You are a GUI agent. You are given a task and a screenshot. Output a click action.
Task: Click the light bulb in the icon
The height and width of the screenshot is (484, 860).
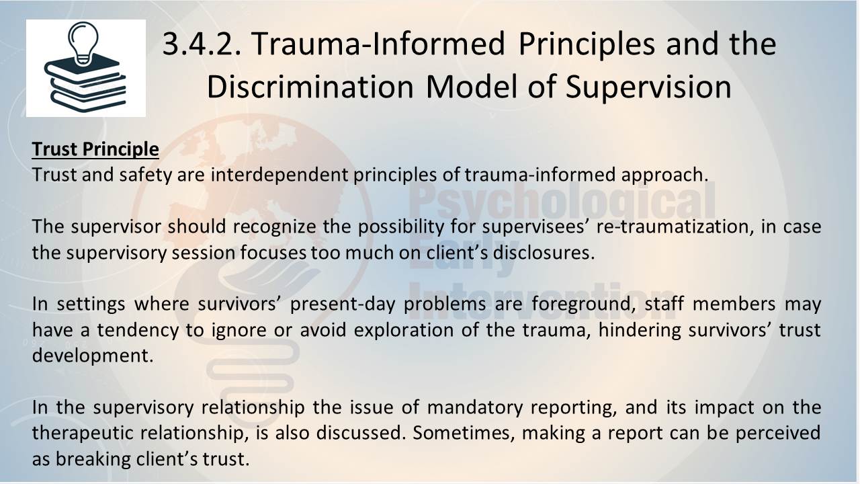83,43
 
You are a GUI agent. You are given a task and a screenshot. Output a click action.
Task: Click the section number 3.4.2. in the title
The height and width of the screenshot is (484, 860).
202,44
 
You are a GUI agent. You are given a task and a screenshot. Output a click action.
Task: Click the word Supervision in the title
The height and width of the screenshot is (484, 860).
648,87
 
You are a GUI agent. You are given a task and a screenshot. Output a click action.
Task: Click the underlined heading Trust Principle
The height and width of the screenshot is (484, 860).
95,149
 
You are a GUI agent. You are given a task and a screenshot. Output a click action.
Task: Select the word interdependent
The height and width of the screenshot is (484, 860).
279,174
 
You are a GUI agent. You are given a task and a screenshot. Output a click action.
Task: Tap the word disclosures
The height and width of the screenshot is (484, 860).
544,252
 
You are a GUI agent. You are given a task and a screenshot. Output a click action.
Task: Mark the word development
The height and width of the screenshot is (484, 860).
93,356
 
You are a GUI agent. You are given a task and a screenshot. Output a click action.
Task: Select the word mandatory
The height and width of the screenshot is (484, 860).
475,407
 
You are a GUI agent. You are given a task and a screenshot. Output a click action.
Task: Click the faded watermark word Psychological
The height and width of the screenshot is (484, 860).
562,201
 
